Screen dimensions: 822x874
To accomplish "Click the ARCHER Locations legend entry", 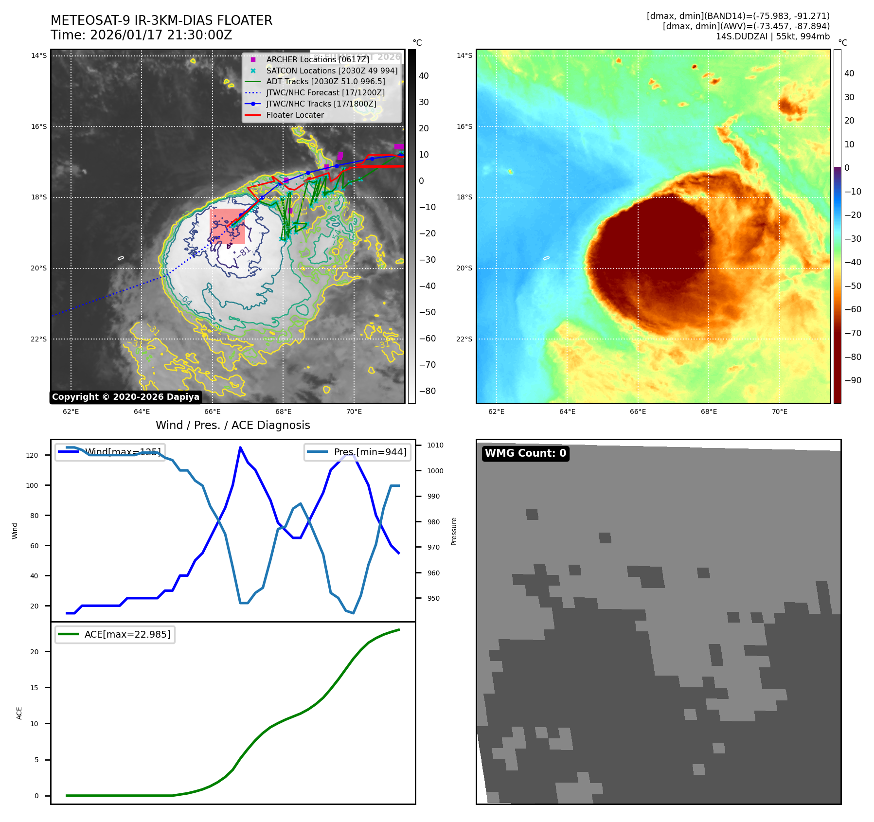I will coord(318,59).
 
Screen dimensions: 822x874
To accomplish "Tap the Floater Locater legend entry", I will coord(295,115).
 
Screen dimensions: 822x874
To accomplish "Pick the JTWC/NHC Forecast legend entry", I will coord(325,92).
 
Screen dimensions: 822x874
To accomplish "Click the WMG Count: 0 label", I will coord(525,453).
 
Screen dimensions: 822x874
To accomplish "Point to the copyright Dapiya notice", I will coord(125,397).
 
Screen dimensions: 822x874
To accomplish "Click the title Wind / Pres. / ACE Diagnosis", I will coord(232,425).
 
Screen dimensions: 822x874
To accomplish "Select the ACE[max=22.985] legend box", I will coord(115,634).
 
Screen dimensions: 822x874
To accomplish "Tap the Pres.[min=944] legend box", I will coord(357,452).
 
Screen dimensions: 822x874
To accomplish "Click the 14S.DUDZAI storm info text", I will coord(772,36).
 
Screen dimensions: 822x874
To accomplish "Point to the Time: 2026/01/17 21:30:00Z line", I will coord(142,35).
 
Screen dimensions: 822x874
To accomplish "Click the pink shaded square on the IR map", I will coord(227,226).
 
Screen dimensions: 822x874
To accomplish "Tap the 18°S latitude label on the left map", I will coord(39,197).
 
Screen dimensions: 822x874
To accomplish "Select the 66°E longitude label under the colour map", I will coord(638,411).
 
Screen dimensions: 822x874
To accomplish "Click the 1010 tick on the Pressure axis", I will coord(435,445).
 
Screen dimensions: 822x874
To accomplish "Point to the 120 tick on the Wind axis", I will coord(32,455).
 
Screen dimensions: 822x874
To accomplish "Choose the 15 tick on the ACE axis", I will coord(34,688).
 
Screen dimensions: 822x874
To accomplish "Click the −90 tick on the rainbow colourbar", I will coord(853,380).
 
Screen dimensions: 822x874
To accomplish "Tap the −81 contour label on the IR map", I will coord(244,251).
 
